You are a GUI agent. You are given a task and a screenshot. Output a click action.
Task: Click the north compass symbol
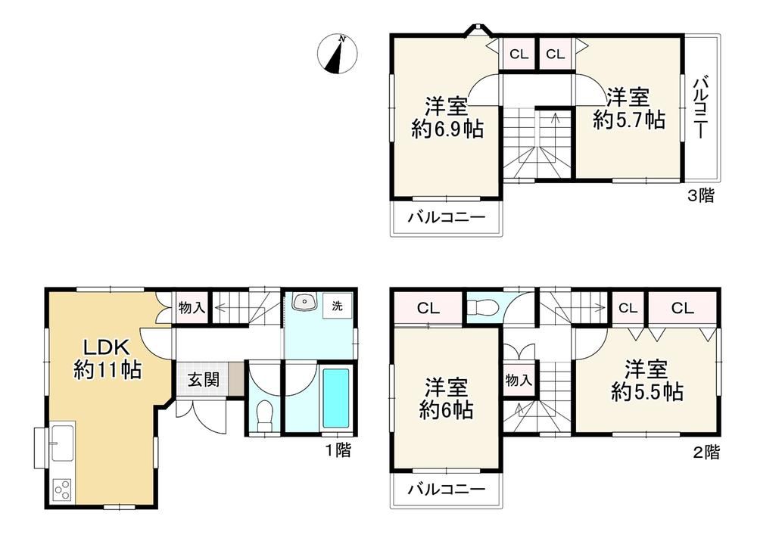click(x=338, y=54)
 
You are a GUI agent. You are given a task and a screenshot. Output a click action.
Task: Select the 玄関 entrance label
click(x=204, y=380)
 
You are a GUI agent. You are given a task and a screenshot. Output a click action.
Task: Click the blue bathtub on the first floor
click(x=335, y=398)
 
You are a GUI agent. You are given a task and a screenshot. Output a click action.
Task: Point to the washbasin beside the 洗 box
click(x=304, y=303)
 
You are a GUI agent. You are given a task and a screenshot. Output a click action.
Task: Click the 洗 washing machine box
click(x=338, y=306)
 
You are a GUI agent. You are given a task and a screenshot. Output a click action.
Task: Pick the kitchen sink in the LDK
click(x=62, y=443)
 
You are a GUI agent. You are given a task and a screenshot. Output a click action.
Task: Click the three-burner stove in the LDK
click(x=62, y=490)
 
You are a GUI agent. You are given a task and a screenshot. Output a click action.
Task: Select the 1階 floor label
click(x=338, y=450)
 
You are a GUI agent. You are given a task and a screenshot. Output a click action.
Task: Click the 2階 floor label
click(x=706, y=452)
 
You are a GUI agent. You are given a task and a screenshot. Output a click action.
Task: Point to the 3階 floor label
click(x=700, y=195)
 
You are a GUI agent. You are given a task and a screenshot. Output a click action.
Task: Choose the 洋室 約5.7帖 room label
click(x=628, y=108)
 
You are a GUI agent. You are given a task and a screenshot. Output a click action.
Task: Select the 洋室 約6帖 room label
click(x=446, y=399)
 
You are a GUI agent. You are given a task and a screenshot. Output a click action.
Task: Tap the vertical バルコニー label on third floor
click(x=701, y=107)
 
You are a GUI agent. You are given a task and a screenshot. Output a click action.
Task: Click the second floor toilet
click(x=478, y=306)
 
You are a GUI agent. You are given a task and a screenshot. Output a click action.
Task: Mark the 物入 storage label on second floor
click(x=519, y=380)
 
